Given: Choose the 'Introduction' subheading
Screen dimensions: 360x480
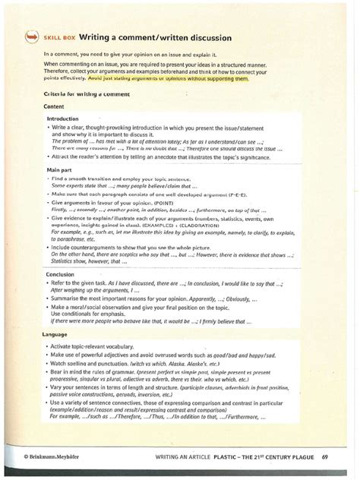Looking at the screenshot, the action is click(x=64, y=119).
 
